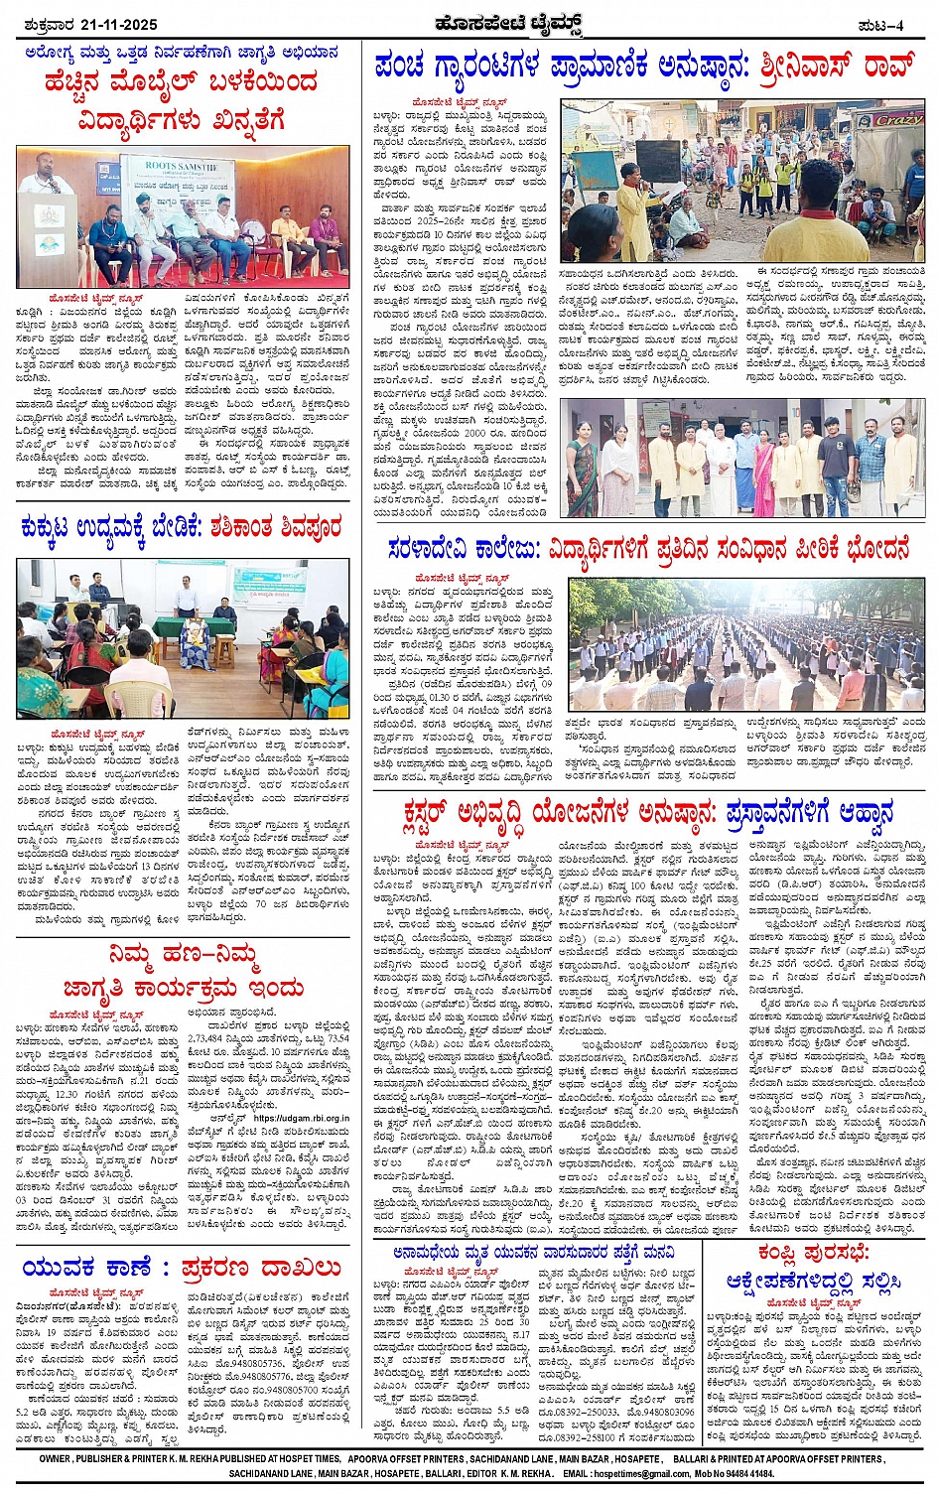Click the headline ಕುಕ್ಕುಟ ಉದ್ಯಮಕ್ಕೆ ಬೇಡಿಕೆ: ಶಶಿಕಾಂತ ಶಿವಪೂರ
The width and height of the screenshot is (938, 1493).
click(x=181, y=527)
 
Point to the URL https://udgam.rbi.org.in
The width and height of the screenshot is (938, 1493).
click(x=302, y=1118)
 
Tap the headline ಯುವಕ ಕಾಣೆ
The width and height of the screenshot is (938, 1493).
click(x=88, y=1268)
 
